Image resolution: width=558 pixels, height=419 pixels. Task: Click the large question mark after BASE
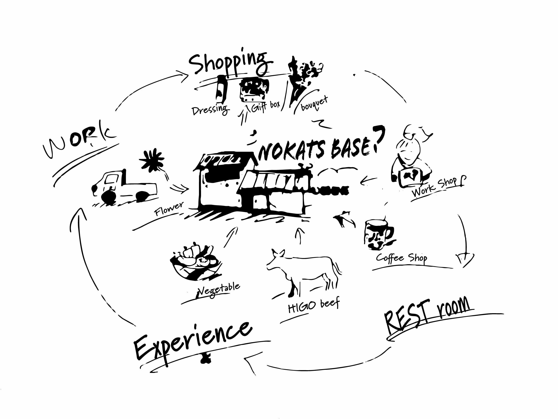tap(378, 138)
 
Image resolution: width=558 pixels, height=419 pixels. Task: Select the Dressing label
tap(211, 110)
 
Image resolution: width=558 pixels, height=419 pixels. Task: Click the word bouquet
tap(314, 103)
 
